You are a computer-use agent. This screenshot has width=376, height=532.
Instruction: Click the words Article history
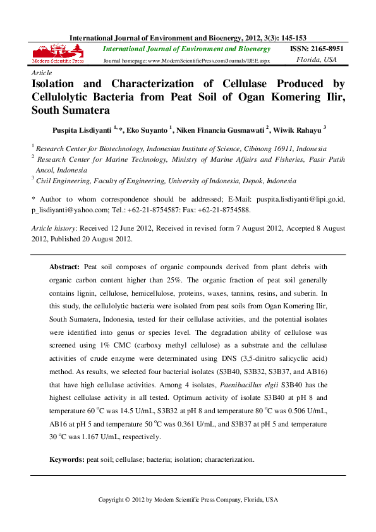coord(54,228)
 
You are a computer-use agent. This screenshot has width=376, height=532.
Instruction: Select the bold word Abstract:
coord(64,267)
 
